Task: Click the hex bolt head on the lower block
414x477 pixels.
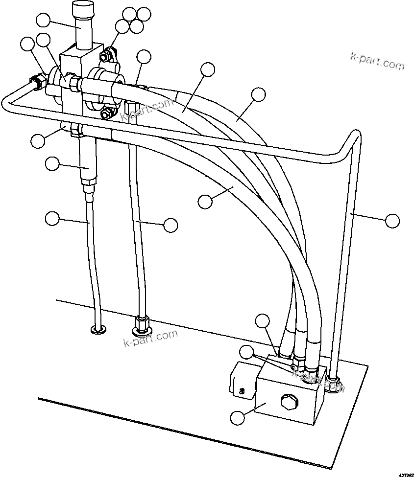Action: pos(288,402)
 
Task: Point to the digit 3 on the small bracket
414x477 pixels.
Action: pos(242,391)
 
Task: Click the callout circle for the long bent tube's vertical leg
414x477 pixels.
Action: pos(392,221)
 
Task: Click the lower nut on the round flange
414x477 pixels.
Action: pos(104,114)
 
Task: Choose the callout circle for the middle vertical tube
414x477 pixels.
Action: pos(170,225)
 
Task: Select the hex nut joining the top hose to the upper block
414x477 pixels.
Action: pos(73,83)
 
